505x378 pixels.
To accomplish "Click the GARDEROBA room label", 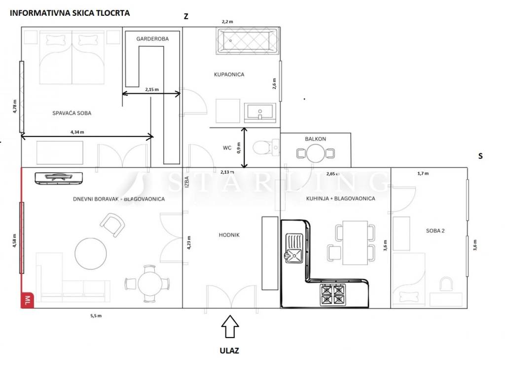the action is [152, 39].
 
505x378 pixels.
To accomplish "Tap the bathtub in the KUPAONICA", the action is [248, 41].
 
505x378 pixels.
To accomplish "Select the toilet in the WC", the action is [266, 148].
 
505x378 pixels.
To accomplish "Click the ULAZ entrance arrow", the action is [230, 326].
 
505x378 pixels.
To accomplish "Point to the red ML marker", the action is [28, 300].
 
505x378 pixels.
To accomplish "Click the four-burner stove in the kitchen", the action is [333, 295].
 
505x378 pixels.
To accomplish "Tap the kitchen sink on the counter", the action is [294, 248].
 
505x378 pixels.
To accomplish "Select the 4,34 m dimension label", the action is [77, 132].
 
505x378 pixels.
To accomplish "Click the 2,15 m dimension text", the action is [152, 90].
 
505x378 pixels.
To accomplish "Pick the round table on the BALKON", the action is [316, 154].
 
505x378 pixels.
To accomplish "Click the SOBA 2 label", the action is [435, 231].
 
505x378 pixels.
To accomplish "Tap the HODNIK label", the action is [229, 235].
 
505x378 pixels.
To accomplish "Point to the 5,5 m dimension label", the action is [96, 315].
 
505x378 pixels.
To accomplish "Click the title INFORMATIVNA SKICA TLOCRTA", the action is [70, 13].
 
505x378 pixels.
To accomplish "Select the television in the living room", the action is [59, 178].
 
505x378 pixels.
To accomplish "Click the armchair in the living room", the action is [112, 224].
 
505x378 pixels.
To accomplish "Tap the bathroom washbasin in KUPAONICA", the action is [260, 113].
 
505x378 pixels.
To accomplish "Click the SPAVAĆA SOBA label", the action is [72, 113].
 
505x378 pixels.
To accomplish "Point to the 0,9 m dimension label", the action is [239, 148].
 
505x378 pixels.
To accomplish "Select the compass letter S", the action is [480, 156].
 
